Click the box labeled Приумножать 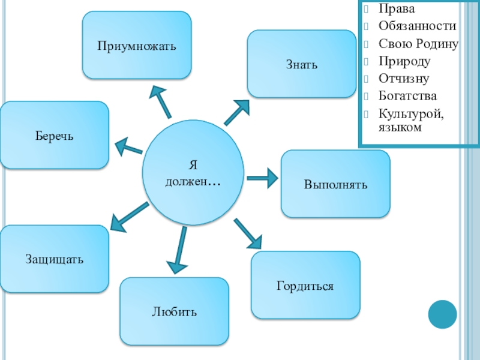(137, 45)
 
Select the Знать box (301, 64)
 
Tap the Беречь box (55, 135)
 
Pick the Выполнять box (335, 184)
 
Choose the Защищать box (55, 259)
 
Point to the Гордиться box (305, 285)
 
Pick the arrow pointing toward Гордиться (248, 233)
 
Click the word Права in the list (391, 9)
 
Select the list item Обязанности (416, 26)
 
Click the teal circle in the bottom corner (443, 314)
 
